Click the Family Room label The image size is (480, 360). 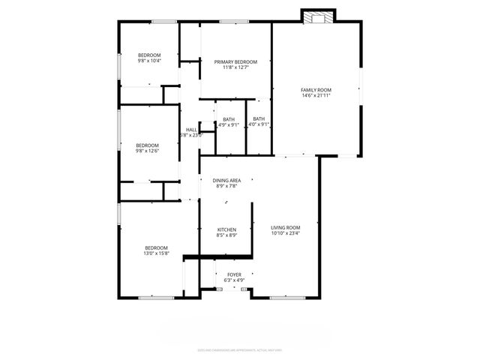pyautogui.click(x=316, y=90)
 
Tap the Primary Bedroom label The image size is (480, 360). pyautogui.click(x=235, y=61)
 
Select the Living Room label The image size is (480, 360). pyautogui.click(x=286, y=227)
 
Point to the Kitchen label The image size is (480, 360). pyautogui.click(x=226, y=229)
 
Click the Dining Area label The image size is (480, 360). pyautogui.click(x=226, y=180)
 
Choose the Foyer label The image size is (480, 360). pyautogui.click(x=234, y=275)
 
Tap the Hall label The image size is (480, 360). pyautogui.click(x=191, y=130)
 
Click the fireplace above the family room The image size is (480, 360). pyautogui.click(x=319, y=16)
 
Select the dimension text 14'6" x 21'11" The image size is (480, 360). pyautogui.click(x=316, y=96)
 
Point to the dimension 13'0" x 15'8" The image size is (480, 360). pyautogui.click(x=157, y=253)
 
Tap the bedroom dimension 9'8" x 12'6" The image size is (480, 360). pyautogui.click(x=147, y=151)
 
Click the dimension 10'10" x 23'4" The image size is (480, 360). pyautogui.click(x=286, y=233)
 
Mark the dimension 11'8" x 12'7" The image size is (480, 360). pyautogui.click(x=235, y=67)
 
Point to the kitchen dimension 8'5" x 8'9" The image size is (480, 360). pyautogui.click(x=226, y=235)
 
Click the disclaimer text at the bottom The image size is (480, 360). pyautogui.click(x=239, y=349)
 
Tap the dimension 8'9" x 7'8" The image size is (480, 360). pyautogui.click(x=226, y=186)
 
